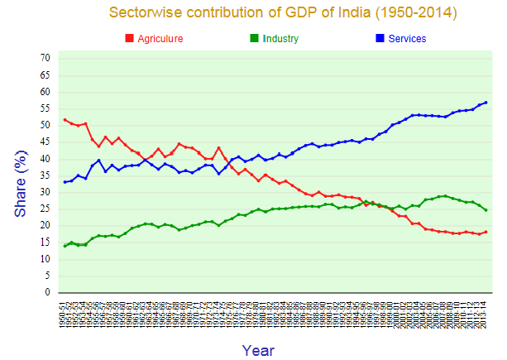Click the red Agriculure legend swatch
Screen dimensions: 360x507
pyautogui.click(x=129, y=39)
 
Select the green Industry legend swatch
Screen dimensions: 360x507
pyautogui.click(x=254, y=39)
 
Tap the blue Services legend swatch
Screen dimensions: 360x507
pyautogui.click(x=379, y=39)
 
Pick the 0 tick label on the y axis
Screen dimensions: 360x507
pyautogui.click(x=47, y=292)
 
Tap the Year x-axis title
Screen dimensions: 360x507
pyautogui.click(x=258, y=350)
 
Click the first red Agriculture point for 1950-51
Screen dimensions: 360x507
pyautogui.click(x=65, y=120)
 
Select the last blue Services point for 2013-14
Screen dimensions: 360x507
pyautogui.click(x=485, y=103)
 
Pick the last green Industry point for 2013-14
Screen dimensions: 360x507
pyautogui.click(x=485, y=209)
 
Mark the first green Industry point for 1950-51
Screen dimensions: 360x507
pyautogui.click(x=65, y=246)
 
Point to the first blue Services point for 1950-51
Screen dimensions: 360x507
pyautogui.click(x=65, y=182)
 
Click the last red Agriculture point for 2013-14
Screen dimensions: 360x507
pyautogui.click(x=485, y=232)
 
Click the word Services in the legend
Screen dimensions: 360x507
pyautogui.click(x=407, y=39)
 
